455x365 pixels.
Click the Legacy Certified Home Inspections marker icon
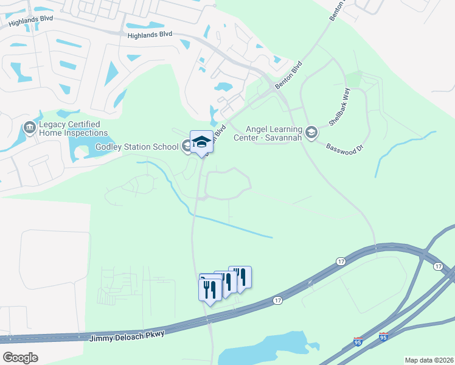(29, 128)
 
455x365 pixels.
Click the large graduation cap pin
(202, 142)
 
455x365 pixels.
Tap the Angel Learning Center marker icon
(311, 132)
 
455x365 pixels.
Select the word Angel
(258, 129)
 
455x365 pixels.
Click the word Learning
(286, 129)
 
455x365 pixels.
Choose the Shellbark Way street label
(340, 110)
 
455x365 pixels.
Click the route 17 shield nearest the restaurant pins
(278, 301)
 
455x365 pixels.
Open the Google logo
(20, 358)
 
